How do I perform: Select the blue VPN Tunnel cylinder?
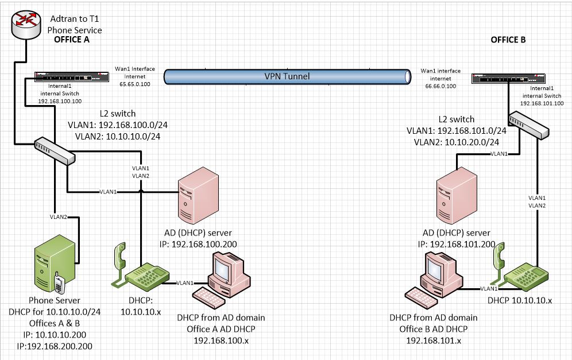click(287, 76)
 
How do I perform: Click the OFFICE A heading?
click(72, 40)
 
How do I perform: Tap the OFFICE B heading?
click(508, 40)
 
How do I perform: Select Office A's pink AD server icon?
click(198, 198)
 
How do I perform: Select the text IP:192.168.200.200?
click(55, 346)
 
